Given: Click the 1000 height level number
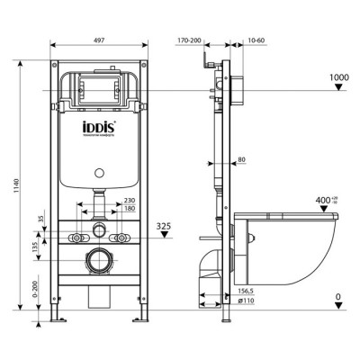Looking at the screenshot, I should click(x=338, y=77).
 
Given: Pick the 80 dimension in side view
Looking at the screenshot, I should click(x=241, y=161).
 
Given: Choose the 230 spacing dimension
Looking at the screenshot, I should click(x=129, y=201).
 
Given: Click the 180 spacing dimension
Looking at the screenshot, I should click(x=129, y=209).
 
